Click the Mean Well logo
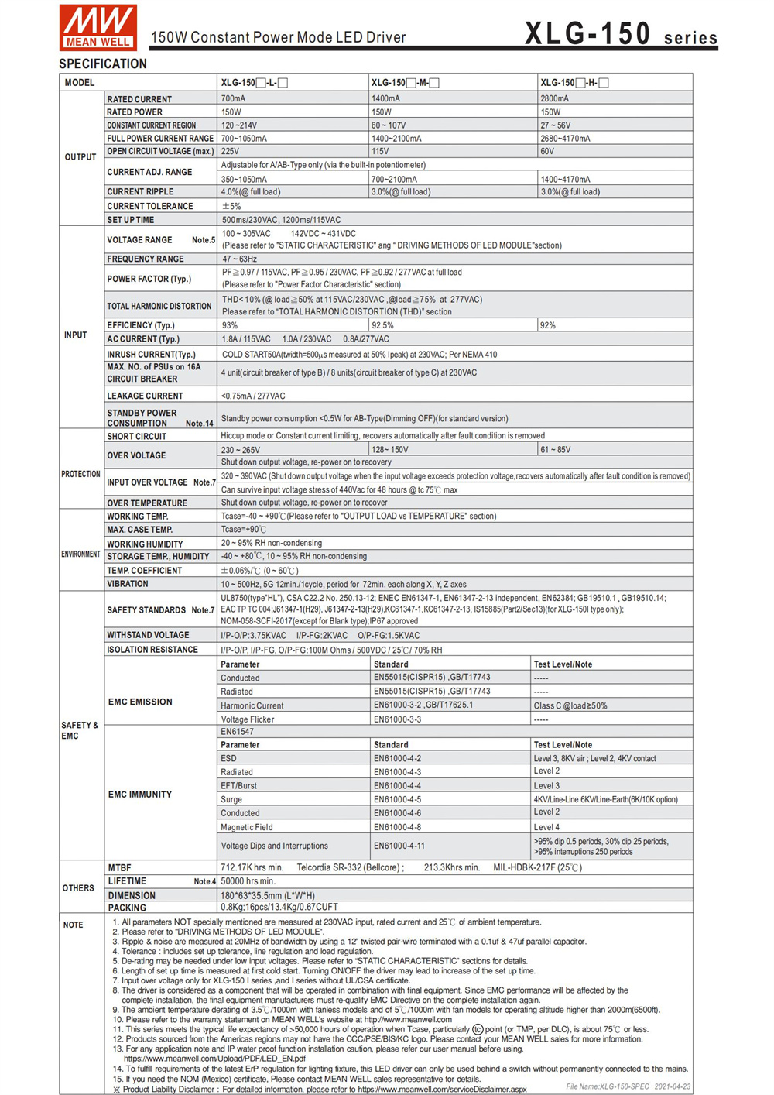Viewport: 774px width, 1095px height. [98, 27]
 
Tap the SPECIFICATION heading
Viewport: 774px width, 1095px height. [103, 64]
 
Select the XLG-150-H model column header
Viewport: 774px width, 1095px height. [574, 83]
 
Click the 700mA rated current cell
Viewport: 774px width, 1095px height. [233, 99]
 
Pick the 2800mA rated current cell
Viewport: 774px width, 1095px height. [554, 99]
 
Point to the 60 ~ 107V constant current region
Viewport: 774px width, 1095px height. [389, 125]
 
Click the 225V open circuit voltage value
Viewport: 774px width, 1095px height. [230, 152]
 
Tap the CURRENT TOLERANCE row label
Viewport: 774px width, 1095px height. [150, 206]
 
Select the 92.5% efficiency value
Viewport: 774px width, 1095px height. [382, 326]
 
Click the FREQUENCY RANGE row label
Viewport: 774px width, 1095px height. [146, 259]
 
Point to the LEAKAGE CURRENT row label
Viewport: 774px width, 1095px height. [145, 396]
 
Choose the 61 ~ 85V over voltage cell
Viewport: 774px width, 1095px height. [556, 450]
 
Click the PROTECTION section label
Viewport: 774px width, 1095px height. [80, 474]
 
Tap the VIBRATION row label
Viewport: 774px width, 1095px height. [128, 584]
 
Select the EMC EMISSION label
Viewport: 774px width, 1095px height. [140, 702]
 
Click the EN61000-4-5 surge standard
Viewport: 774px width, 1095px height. [397, 799]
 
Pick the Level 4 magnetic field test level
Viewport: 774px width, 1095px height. [546, 827]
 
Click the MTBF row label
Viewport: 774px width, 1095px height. [119, 868]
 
